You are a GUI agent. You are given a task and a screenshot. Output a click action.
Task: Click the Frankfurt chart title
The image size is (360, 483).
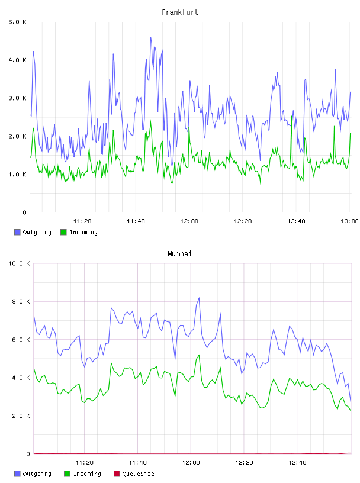(180, 12)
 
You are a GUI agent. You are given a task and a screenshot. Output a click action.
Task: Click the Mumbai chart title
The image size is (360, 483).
(179, 253)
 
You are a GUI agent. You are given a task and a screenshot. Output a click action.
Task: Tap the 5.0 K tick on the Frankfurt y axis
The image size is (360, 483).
(17, 22)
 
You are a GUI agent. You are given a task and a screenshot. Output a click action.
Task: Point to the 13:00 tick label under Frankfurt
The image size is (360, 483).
(349, 221)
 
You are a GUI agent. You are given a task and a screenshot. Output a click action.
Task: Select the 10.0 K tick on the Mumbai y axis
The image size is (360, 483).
(19, 263)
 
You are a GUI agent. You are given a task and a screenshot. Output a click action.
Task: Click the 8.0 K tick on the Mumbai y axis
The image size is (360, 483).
(21, 301)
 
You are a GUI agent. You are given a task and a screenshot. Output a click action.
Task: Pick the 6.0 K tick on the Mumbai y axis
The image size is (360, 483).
(21, 339)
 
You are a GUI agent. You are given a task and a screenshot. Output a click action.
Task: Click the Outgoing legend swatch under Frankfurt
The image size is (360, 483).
(17, 232)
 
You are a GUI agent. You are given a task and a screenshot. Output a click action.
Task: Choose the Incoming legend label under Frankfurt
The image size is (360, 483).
(83, 232)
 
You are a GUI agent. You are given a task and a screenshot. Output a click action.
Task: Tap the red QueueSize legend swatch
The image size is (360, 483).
(117, 474)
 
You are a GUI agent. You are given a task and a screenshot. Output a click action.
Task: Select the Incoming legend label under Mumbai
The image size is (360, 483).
(87, 474)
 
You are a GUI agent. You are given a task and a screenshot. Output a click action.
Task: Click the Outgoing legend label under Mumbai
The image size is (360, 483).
(37, 474)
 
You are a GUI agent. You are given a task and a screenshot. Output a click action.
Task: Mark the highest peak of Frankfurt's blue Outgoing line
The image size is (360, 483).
(151, 37)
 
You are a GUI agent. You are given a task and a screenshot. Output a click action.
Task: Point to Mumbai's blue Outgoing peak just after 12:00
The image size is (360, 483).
(199, 298)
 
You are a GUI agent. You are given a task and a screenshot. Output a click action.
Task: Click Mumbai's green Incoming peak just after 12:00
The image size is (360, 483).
(199, 355)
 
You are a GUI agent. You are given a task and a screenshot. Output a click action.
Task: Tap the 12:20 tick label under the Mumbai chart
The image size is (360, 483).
(244, 462)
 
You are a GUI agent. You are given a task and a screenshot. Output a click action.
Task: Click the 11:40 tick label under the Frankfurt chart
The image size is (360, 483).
(136, 221)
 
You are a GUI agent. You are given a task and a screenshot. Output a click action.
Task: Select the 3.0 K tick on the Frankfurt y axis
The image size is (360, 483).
(17, 98)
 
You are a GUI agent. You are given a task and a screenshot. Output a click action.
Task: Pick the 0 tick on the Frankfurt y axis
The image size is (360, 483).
(25, 212)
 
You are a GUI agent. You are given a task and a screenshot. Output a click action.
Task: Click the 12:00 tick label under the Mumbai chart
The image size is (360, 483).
(191, 462)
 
